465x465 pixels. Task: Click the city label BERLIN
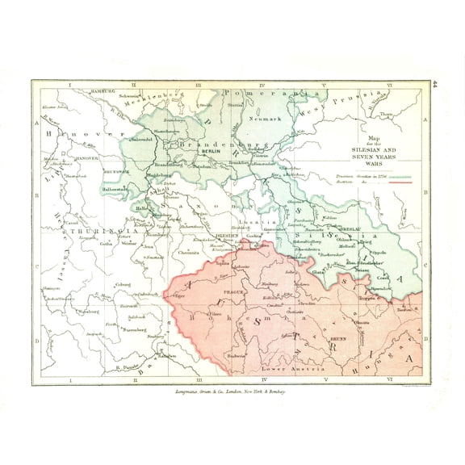211,151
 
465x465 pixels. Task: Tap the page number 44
434,83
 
